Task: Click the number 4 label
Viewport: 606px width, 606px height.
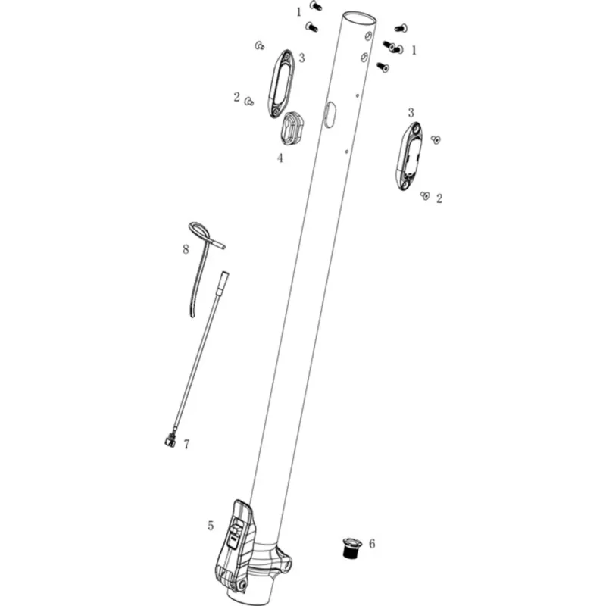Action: click(280, 158)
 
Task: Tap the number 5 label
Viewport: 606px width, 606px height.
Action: click(211, 526)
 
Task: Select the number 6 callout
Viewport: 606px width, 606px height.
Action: click(372, 544)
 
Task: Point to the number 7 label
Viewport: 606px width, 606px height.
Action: click(186, 445)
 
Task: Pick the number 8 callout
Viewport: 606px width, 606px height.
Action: click(186, 249)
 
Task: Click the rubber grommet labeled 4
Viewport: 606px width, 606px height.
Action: click(290, 128)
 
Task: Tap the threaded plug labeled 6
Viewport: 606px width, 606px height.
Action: click(352, 547)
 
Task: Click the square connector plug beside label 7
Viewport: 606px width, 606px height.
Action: click(170, 441)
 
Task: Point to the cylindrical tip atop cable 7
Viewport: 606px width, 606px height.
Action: click(223, 279)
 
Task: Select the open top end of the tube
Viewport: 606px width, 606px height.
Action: click(359, 18)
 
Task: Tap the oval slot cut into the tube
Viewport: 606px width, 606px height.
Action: click(330, 114)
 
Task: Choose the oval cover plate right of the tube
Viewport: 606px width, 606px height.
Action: click(409, 156)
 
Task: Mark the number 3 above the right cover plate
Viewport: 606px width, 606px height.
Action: click(411, 112)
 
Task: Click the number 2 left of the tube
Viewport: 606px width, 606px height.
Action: click(236, 97)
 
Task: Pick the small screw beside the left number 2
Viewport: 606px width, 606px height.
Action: click(249, 102)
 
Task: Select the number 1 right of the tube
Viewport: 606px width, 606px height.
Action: click(414, 50)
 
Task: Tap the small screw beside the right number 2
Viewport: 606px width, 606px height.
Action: click(425, 195)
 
